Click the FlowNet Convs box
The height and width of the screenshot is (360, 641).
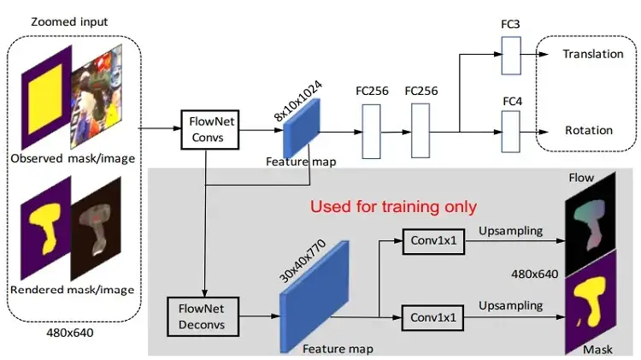pos(210,129)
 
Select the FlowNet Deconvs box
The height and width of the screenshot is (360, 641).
pos(203,316)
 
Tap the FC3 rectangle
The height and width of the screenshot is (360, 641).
pos(511,56)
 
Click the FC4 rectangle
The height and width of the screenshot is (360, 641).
pos(511,132)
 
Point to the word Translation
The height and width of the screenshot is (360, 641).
pos(593,54)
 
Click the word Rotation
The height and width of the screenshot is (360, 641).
pos(589,131)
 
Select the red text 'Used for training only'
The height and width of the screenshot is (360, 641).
pos(393,207)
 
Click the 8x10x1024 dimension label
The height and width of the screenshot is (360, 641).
pos(298,101)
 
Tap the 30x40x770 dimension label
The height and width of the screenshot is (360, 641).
pos(303,261)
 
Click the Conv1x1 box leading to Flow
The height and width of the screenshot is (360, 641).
pos(433,241)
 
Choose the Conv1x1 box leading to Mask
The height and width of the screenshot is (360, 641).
pos(433,318)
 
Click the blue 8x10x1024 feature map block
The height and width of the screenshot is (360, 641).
pos(302,128)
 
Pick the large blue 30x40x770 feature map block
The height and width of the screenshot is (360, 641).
pos(314,297)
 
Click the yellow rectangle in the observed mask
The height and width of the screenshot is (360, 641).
pos(45,97)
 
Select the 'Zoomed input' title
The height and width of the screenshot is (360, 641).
pos(69,21)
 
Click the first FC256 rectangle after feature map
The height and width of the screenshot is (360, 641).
pos(371,132)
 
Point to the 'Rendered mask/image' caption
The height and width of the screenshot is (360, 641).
pos(73,290)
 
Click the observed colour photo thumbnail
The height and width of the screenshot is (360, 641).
pos(97,97)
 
